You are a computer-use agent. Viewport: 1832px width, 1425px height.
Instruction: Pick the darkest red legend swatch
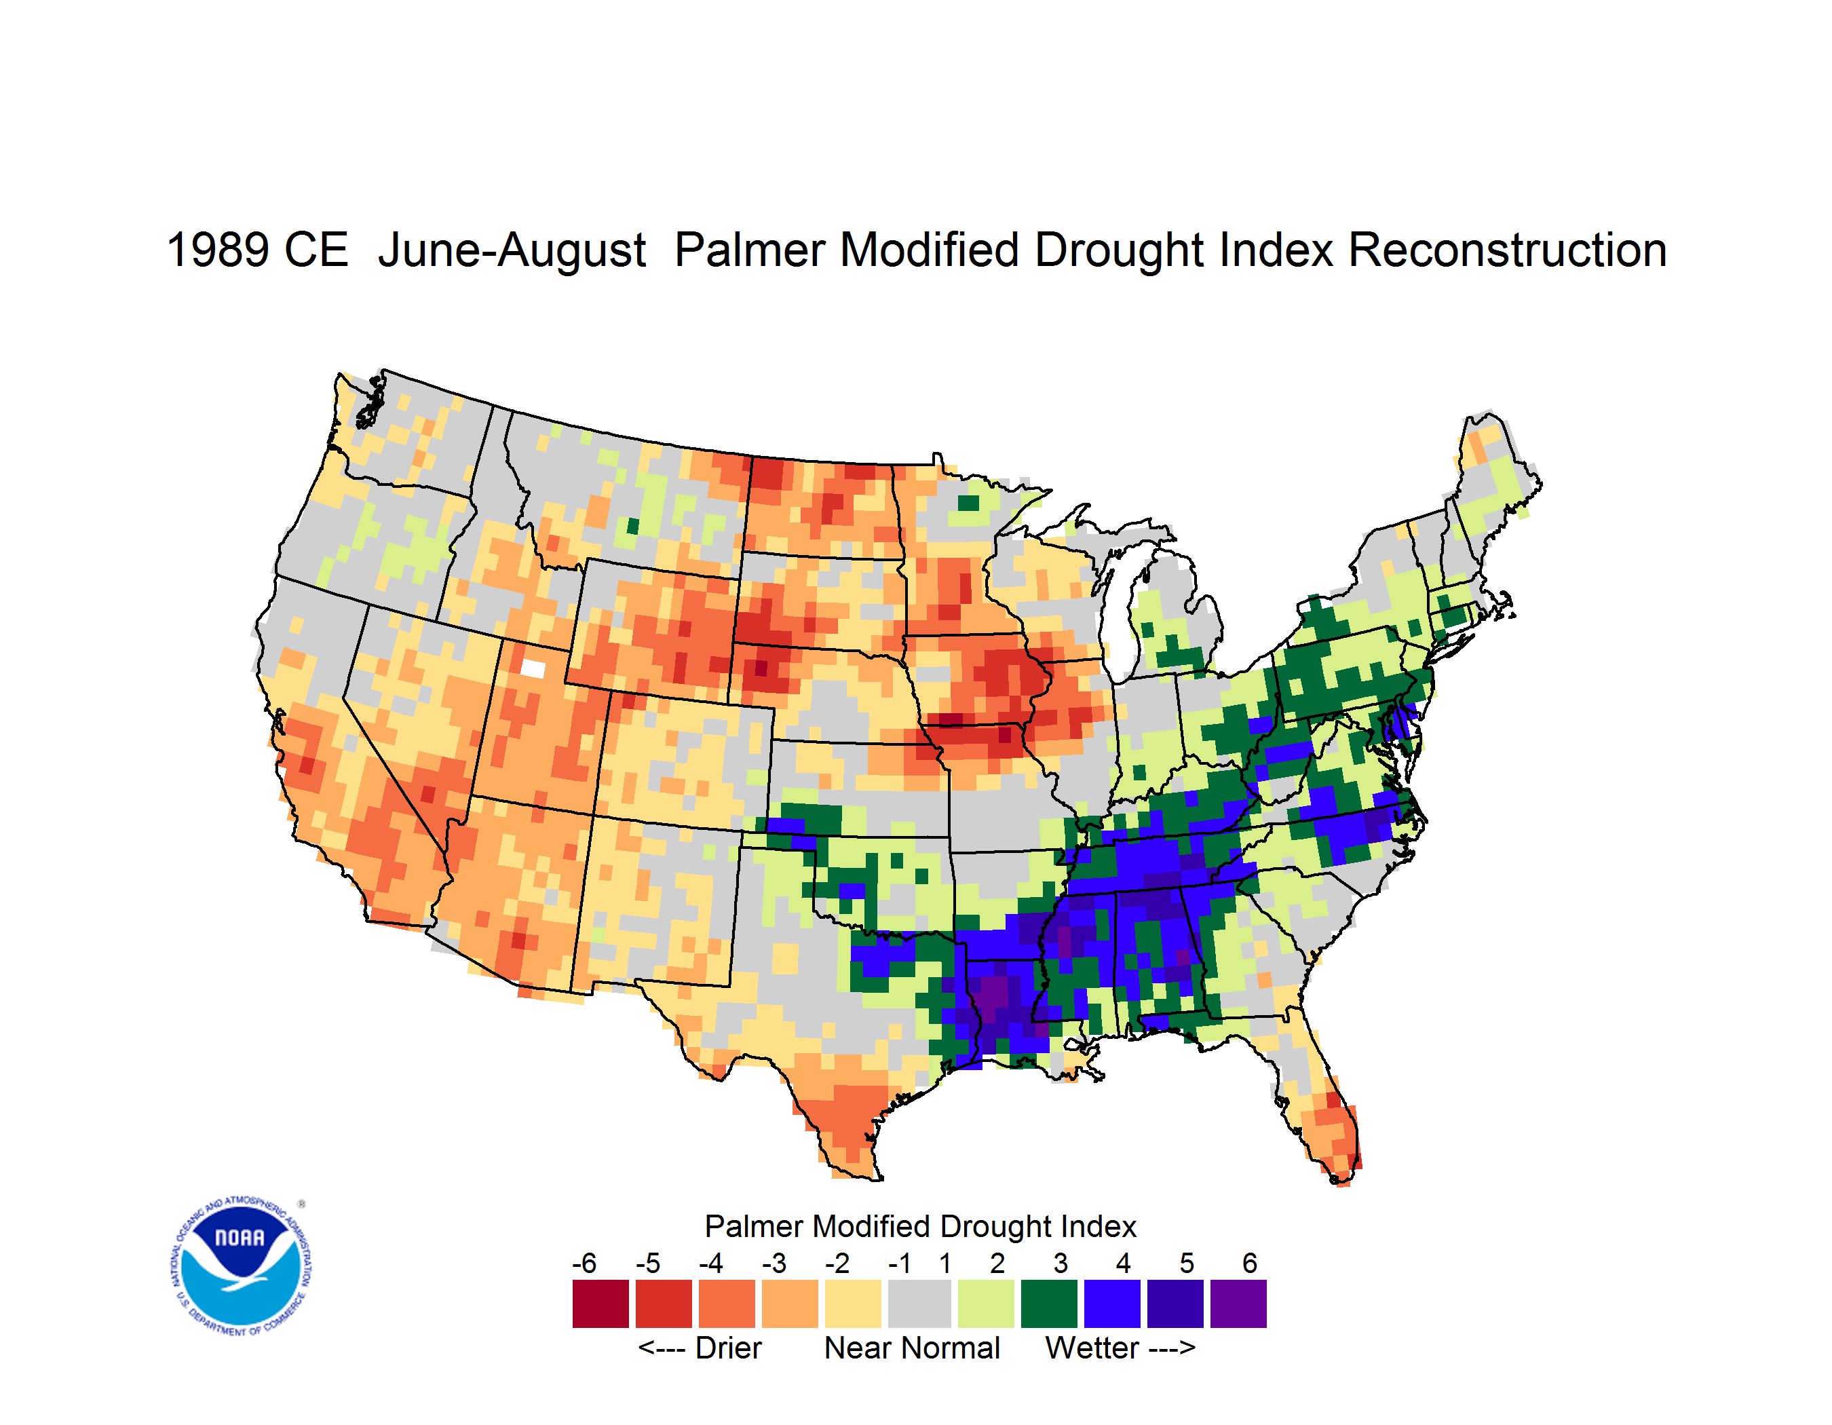click(600, 1304)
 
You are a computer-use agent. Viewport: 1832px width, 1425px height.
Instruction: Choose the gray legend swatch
click(919, 1304)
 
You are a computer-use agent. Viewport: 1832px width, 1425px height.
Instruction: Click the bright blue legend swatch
click(1112, 1304)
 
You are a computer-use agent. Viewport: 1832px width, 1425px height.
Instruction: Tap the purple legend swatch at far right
click(1238, 1304)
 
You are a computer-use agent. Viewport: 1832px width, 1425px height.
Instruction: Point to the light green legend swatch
click(986, 1304)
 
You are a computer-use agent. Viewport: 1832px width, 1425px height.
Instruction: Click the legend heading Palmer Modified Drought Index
click(920, 1226)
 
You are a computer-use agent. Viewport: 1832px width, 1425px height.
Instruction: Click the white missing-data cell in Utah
click(533, 668)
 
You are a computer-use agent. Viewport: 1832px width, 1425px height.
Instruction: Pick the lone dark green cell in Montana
click(633, 527)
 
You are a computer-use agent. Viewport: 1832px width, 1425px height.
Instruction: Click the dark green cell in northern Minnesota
click(968, 502)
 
